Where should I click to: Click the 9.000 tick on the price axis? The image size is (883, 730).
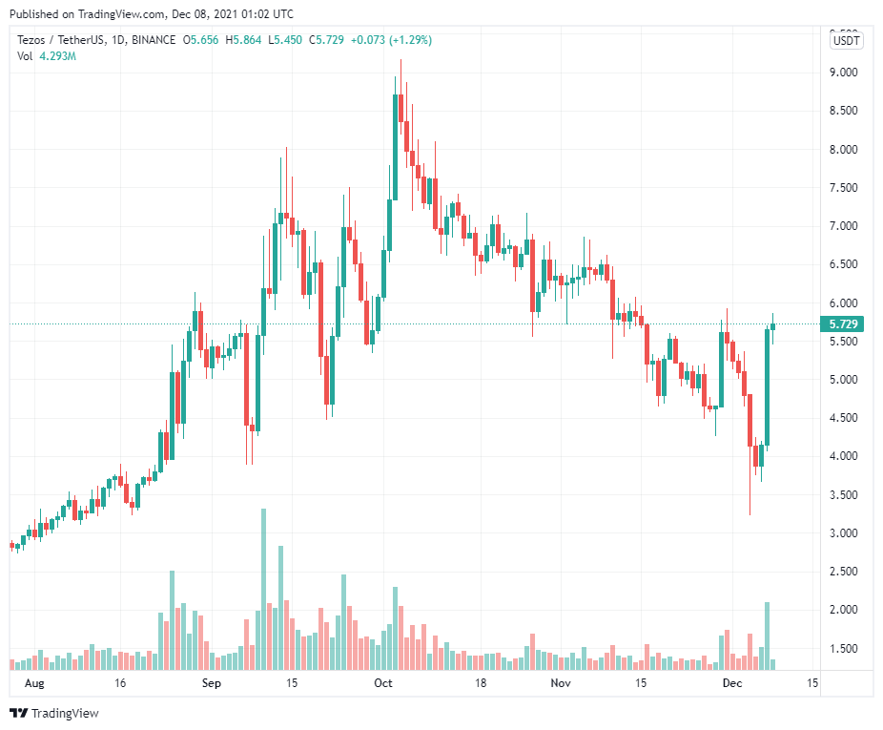(x=844, y=73)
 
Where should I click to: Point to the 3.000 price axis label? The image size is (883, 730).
(x=844, y=532)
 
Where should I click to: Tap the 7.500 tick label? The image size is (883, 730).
(x=844, y=188)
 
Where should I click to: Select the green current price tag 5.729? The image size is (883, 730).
(x=845, y=324)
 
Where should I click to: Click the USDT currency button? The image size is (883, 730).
(x=846, y=40)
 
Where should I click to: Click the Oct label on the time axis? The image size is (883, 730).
(x=383, y=683)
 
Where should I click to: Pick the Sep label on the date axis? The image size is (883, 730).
(x=212, y=683)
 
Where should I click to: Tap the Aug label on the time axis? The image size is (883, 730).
(x=33, y=683)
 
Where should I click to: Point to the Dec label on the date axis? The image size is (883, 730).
(x=732, y=683)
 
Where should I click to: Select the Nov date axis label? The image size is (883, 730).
(x=561, y=683)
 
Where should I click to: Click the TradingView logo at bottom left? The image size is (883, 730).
(x=54, y=713)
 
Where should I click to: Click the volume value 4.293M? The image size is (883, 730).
(x=57, y=56)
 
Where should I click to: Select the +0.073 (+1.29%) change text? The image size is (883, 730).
(x=391, y=40)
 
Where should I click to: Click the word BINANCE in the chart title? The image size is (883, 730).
(x=153, y=40)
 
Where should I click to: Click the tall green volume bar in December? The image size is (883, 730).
(x=767, y=636)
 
